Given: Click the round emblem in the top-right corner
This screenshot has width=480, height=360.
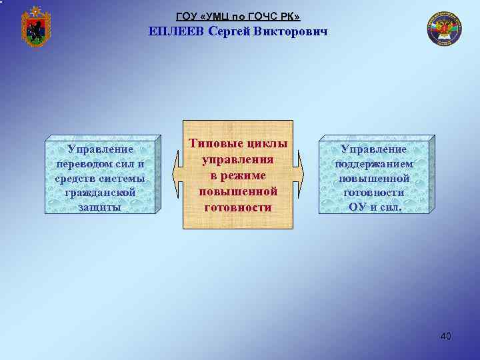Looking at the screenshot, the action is click(443, 30).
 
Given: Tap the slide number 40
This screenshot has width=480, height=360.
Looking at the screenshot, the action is click(445, 336).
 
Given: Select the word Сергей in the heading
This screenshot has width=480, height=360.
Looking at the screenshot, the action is click(229, 32).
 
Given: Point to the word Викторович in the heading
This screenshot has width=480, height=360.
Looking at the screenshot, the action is click(291, 32).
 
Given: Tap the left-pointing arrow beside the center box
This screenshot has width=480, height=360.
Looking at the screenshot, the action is click(177, 175).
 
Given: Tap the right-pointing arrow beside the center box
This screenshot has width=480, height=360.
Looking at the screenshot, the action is click(299, 175).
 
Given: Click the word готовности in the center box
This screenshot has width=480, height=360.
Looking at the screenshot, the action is click(238, 207).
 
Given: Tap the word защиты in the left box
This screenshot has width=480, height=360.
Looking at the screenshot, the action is click(100, 207).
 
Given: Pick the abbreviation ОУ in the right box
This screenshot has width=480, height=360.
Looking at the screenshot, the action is click(358, 207).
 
